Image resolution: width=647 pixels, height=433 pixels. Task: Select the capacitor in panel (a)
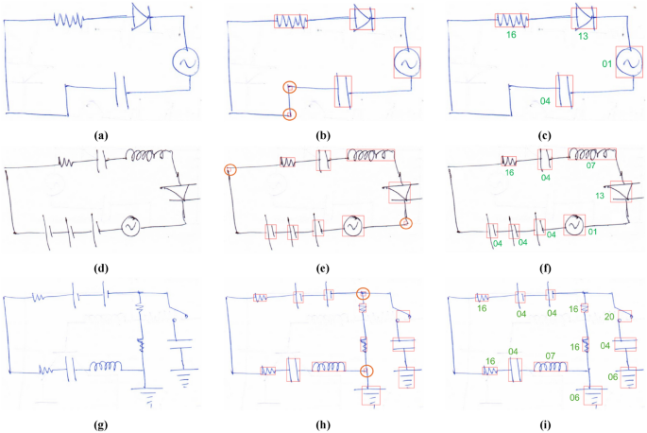coord(121,91)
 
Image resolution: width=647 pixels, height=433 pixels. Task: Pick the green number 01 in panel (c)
coord(607,64)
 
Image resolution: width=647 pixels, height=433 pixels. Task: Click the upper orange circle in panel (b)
coord(291,88)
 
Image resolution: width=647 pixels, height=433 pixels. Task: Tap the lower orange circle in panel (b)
coord(290,114)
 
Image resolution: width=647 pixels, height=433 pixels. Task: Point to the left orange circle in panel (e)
coord(230,170)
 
